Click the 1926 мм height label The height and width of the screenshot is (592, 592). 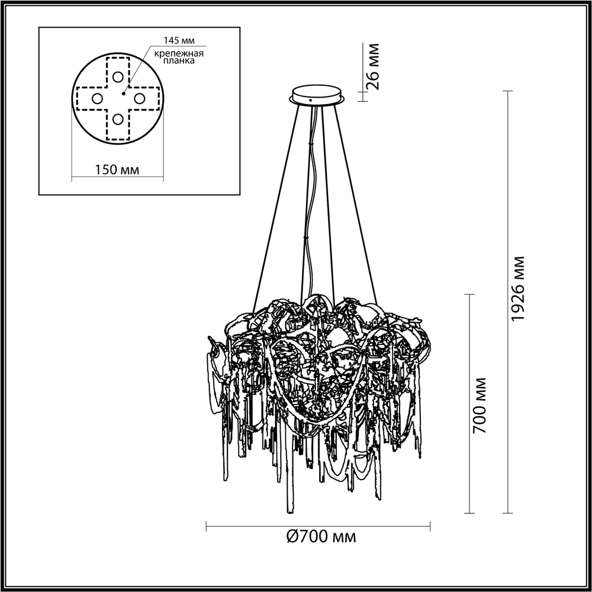click(x=519, y=288)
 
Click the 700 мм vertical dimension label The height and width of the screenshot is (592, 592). click(x=481, y=404)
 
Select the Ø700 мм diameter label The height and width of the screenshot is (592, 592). click(x=321, y=537)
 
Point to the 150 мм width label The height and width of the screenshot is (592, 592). click(x=117, y=170)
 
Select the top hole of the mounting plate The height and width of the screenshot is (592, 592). click(x=117, y=77)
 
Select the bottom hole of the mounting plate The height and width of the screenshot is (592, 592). click(x=117, y=120)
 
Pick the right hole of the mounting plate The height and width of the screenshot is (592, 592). click(x=140, y=98)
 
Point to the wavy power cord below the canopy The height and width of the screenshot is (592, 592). click(x=308, y=237)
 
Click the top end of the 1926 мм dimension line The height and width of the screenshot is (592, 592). click(x=507, y=91)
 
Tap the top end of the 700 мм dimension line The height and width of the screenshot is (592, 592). click(x=470, y=294)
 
